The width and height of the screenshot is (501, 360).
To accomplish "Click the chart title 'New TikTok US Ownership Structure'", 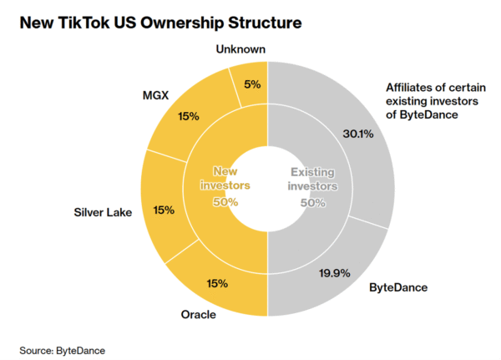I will [156, 20].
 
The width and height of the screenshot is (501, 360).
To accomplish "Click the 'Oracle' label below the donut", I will [200, 315].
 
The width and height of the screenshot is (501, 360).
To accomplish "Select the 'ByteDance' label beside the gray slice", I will [398, 287].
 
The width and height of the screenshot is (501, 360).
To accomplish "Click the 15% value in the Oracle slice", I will [217, 283].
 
